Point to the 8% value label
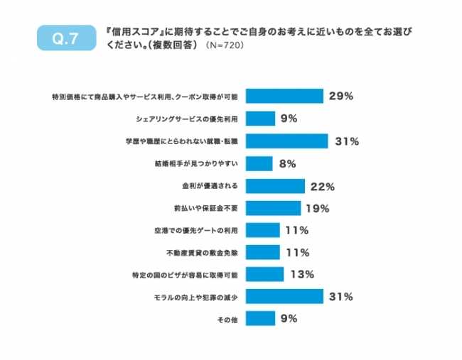click(x=287, y=163)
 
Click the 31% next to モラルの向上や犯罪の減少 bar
click(x=340, y=296)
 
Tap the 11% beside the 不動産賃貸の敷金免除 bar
click(x=295, y=252)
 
